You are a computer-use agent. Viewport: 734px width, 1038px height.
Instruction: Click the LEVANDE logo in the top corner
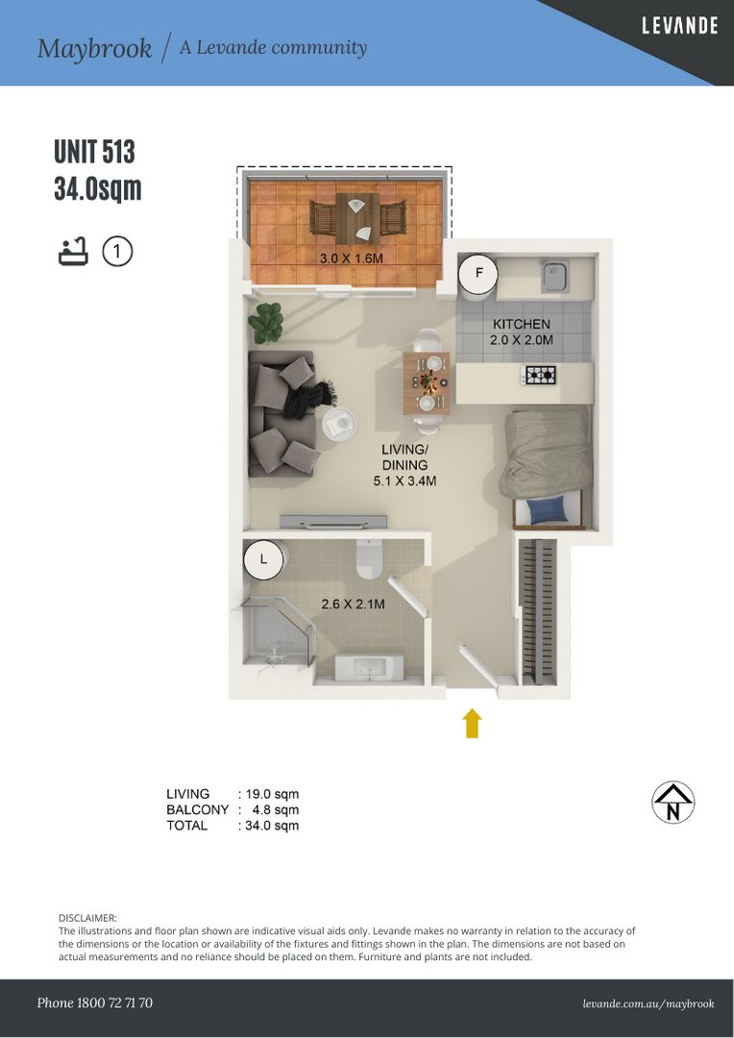[x=679, y=26]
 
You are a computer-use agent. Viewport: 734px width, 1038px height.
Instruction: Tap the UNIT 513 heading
[x=94, y=153]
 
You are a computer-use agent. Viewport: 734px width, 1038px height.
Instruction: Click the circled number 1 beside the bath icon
[x=116, y=252]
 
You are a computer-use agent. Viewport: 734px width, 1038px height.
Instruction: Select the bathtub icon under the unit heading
[x=73, y=252]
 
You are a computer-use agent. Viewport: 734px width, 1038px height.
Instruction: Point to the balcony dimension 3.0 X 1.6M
[x=351, y=259]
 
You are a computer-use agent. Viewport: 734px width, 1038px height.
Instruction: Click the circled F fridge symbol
[x=477, y=274]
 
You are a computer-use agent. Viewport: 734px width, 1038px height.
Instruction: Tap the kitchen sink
[x=554, y=276]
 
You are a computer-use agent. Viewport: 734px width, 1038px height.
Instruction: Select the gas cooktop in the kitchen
[x=539, y=375]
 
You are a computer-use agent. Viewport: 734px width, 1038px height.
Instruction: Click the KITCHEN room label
[x=522, y=325]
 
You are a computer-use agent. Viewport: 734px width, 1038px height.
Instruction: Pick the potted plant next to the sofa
[x=265, y=322]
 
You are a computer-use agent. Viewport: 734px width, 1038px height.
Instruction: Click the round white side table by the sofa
[x=337, y=423]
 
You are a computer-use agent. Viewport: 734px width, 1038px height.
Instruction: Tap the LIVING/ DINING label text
[x=404, y=457]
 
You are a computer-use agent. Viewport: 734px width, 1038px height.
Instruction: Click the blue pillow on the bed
[x=548, y=510]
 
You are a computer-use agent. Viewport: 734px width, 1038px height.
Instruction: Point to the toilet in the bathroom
[x=370, y=558]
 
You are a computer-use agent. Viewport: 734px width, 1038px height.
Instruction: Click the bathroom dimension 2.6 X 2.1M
[x=353, y=605]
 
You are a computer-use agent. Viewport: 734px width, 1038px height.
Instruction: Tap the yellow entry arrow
[x=472, y=723]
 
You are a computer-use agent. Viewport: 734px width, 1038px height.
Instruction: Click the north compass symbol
[x=673, y=803]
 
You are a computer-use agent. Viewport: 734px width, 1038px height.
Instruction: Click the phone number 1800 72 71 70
[x=94, y=1002]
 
